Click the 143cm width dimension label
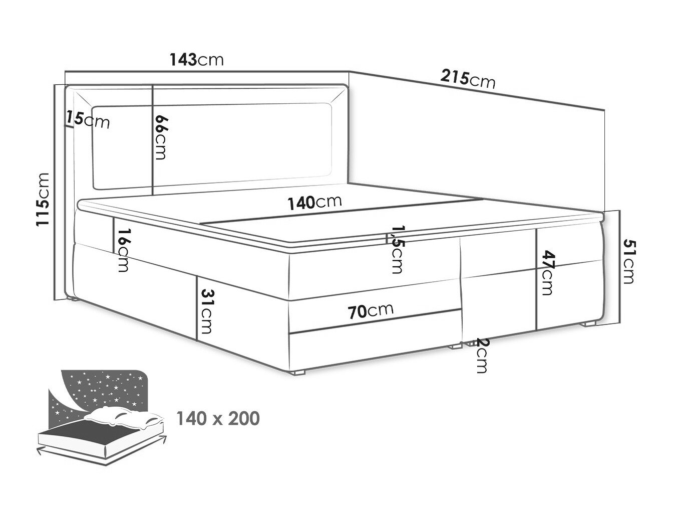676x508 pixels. tap(196, 60)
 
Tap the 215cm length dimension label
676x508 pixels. tap(468, 79)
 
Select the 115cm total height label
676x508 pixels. tap(43, 200)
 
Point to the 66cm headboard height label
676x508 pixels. tap(160, 137)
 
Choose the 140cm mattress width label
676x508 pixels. tap(314, 202)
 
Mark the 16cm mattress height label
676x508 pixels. tap(123, 250)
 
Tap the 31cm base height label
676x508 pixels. tap(205, 311)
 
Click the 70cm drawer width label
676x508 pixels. tap(371, 311)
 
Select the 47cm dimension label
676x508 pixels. tap(548, 273)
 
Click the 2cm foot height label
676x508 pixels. tap(481, 356)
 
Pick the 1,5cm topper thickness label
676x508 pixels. tap(397, 250)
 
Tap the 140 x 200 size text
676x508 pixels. tap(218, 419)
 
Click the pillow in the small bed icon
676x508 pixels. tap(123, 417)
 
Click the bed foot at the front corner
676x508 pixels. tap(298, 372)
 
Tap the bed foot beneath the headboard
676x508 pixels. tap(73, 299)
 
